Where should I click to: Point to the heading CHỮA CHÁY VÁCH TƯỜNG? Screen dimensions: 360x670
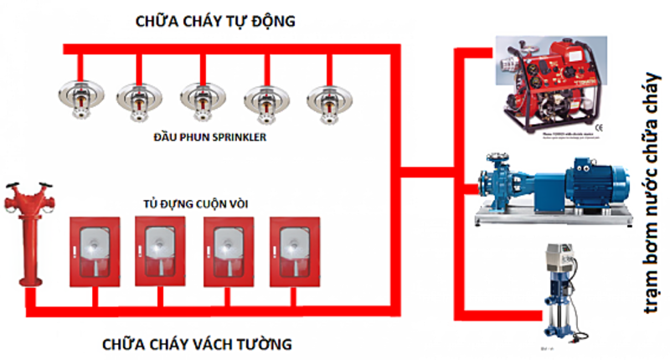click(198, 343)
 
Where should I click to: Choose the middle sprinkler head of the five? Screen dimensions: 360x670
click(201, 99)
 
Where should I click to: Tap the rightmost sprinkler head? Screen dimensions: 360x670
click(325, 99)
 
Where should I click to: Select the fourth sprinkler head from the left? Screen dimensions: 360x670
click(263, 99)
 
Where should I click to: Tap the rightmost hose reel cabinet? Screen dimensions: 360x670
click(293, 251)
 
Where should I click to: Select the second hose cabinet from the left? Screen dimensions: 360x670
click(158, 251)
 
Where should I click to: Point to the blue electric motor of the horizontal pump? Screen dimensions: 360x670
click(590, 183)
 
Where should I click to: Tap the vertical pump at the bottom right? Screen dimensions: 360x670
click(556, 297)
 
